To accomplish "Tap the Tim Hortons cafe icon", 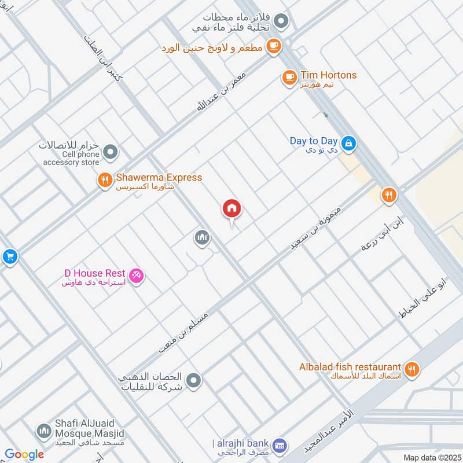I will click(x=289, y=76).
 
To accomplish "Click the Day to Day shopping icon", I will click(x=348, y=142).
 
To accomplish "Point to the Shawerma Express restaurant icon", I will click(x=105, y=181).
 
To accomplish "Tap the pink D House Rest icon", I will click(x=137, y=276).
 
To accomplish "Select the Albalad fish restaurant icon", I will click(x=411, y=368).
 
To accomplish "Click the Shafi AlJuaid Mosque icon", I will click(x=43, y=431).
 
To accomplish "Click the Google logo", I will click(x=25, y=454).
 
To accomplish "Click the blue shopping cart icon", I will click(x=9, y=256).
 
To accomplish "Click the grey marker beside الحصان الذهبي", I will click(x=194, y=380).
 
